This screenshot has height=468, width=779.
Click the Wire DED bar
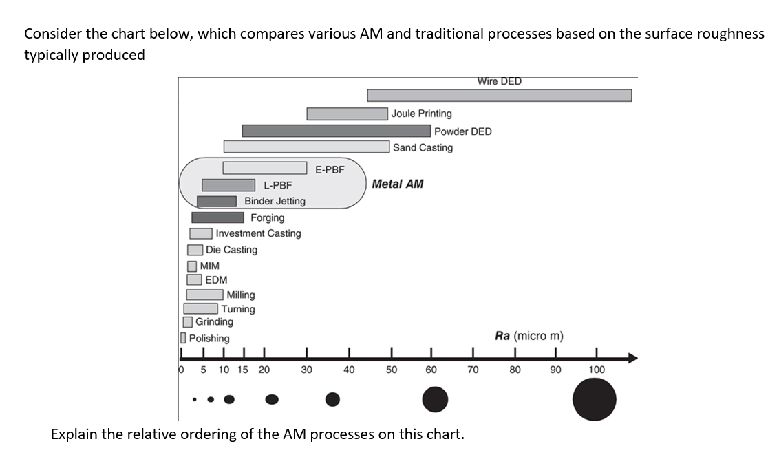click(499, 95)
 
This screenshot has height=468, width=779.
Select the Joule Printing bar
click(347, 114)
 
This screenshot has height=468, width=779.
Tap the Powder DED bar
click(337, 131)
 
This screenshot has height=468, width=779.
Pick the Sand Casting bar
click(306, 147)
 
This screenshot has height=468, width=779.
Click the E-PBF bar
click(265, 168)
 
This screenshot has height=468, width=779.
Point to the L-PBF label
click(278, 185)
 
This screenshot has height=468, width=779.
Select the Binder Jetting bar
click(217, 201)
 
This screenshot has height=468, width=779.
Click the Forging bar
click(217, 217)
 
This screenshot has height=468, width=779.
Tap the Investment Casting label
click(258, 233)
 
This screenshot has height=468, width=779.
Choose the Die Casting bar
click(195, 250)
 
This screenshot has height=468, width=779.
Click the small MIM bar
click(192, 266)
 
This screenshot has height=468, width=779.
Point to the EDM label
click(216, 280)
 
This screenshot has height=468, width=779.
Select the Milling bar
click(204, 295)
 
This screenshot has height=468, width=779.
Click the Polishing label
click(209, 339)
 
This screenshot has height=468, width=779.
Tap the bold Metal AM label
click(398, 184)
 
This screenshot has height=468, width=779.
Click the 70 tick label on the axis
click(473, 370)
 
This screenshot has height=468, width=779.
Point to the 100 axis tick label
click(597, 370)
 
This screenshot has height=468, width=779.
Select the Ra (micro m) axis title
click(529, 336)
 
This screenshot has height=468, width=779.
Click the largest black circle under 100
click(595, 399)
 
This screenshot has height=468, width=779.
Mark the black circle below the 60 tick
click(435, 399)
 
